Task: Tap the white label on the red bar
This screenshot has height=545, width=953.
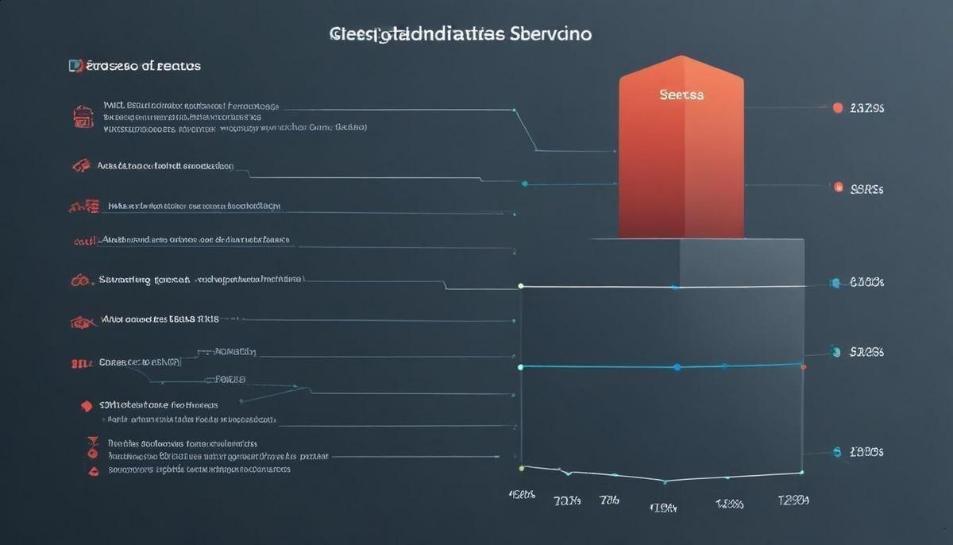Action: click(x=681, y=95)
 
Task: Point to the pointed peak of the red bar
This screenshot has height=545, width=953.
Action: click(x=681, y=57)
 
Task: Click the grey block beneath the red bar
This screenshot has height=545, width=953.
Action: click(x=741, y=262)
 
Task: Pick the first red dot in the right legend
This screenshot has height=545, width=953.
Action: click(x=837, y=107)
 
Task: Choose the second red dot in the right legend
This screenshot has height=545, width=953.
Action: click(x=838, y=188)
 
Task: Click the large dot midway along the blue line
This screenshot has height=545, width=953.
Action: click(x=677, y=367)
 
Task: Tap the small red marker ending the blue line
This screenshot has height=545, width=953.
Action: click(x=804, y=367)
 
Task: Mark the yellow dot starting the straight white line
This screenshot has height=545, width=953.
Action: click(x=521, y=285)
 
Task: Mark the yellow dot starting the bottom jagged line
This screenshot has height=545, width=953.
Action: click(x=521, y=468)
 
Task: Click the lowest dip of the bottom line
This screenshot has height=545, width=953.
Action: click(x=664, y=481)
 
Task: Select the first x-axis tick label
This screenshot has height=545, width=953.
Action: click(x=522, y=494)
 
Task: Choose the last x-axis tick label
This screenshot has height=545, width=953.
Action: click(x=793, y=500)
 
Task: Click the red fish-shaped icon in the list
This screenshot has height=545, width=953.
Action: click(x=83, y=322)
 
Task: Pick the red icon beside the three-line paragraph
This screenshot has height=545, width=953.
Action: click(x=83, y=117)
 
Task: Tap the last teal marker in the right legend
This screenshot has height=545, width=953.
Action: click(x=837, y=451)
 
